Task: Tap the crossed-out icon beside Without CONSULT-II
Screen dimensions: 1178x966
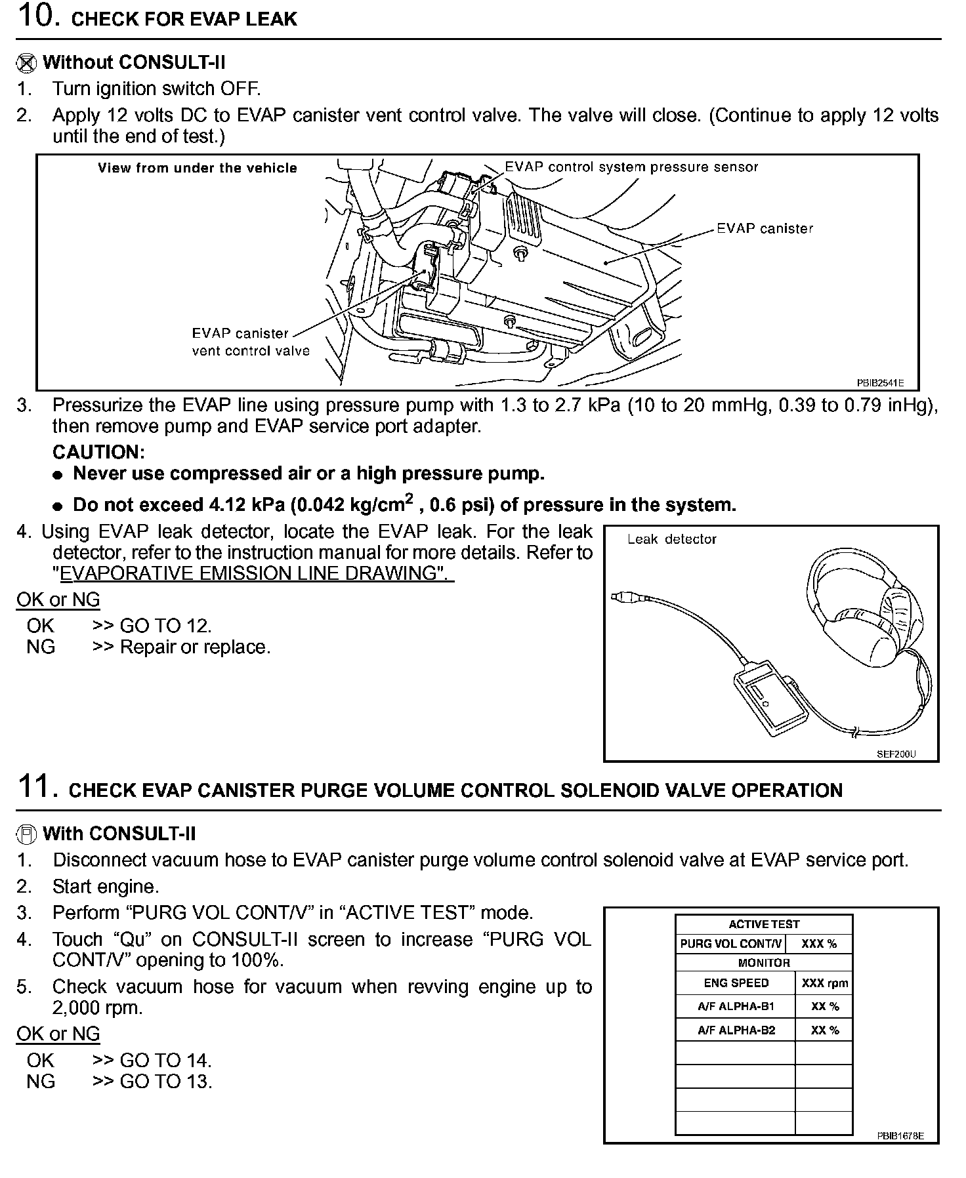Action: (x=26, y=63)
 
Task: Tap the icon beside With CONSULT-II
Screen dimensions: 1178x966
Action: (x=26, y=834)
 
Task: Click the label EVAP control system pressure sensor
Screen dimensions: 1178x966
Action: (x=631, y=167)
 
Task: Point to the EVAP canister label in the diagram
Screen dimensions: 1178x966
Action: (x=765, y=229)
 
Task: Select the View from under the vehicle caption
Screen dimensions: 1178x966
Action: (x=198, y=169)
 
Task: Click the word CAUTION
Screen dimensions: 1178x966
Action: (x=98, y=453)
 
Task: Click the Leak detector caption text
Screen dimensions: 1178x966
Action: (x=671, y=539)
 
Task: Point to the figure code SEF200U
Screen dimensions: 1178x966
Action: (x=896, y=754)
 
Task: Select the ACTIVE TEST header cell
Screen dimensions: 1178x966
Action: (x=764, y=924)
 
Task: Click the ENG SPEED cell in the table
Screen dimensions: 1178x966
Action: (x=736, y=983)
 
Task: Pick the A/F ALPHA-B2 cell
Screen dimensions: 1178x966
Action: (x=736, y=1030)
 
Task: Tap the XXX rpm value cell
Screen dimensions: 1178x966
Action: (x=824, y=983)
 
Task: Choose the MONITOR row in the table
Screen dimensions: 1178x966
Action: (x=764, y=963)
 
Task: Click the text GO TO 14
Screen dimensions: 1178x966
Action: (x=165, y=1061)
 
